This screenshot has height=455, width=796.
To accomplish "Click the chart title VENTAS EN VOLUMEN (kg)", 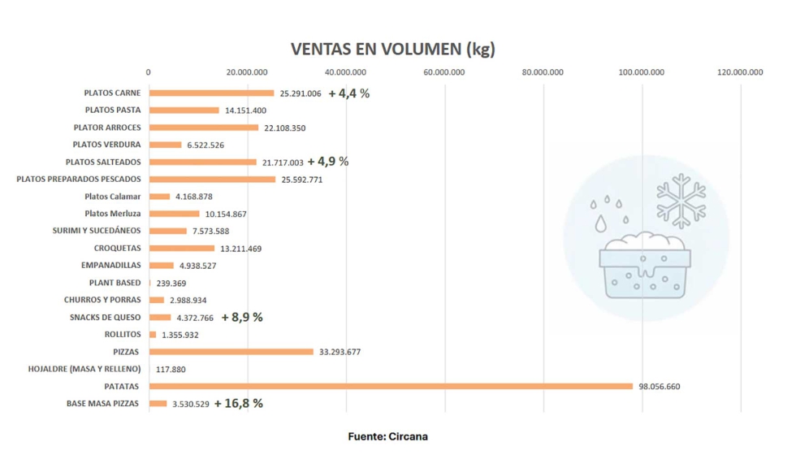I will [x=393, y=49].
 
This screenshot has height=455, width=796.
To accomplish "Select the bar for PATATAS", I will [x=390, y=386].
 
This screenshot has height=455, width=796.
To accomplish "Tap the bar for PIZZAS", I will [x=231, y=352].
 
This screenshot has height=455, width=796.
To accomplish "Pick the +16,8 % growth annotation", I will [x=238, y=403].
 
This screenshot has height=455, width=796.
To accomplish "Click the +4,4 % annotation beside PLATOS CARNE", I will [x=348, y=93].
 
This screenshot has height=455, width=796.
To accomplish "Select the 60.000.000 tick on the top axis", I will [x=444, y=72].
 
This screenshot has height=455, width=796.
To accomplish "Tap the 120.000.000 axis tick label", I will [x=739, y=72].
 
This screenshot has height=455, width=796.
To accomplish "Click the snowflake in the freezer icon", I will [x=681, y=199].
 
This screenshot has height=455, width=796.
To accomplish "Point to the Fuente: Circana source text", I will [x=387, y=437].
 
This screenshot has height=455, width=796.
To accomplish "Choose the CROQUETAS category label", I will [x=117, y=248].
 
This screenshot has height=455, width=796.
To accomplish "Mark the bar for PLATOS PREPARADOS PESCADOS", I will [x=212, y=179].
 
